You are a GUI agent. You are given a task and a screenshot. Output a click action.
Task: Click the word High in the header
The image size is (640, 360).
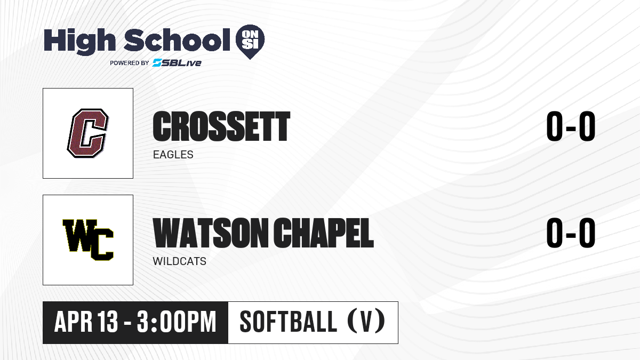79,41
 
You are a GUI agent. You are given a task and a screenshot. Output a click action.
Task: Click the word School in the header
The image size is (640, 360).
177,39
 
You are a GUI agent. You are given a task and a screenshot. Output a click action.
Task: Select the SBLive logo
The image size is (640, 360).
177,62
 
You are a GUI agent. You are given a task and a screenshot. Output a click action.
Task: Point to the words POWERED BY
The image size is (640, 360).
130,63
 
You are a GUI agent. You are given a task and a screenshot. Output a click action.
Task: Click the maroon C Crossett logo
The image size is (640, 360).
88,133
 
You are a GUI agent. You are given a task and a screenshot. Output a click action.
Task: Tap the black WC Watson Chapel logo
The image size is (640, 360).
88,240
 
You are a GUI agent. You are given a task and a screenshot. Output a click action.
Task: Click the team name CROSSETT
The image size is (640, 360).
221,126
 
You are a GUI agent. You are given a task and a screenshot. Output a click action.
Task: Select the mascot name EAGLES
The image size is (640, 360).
173,155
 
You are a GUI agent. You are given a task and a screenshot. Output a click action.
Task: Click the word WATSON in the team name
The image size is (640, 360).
211,233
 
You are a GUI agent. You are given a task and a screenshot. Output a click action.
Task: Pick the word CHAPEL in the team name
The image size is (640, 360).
323,233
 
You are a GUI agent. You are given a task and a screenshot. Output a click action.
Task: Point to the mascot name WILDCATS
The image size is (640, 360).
179,261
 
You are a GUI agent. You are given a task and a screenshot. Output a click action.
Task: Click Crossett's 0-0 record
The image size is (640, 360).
571,126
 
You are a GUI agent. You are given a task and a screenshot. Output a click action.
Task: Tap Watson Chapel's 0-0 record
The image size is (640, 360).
571,233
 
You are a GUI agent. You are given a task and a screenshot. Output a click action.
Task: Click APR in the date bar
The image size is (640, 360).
74,322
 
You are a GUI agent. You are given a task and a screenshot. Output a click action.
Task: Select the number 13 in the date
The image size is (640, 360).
107,322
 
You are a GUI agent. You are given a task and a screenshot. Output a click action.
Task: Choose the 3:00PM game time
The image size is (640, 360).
177,322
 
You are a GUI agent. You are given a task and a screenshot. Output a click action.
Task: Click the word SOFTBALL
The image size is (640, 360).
289,322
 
